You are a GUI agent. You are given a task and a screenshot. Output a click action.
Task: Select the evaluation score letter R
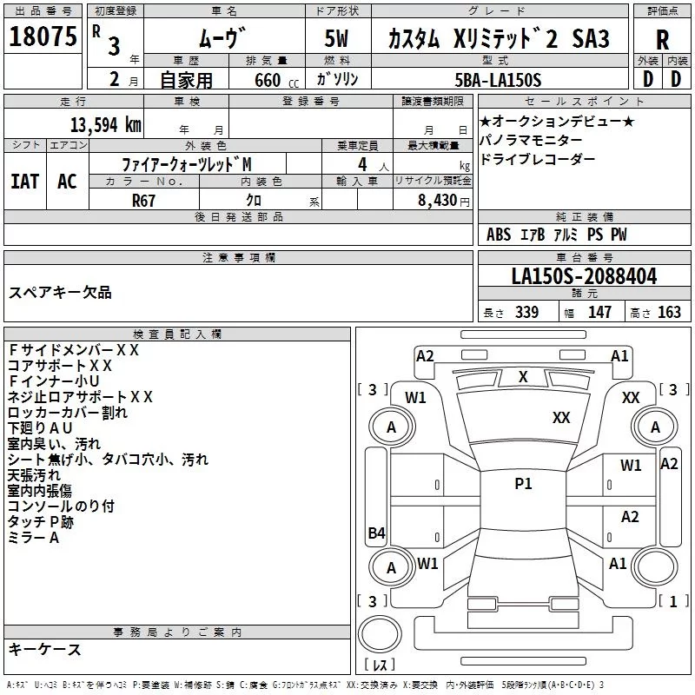662,39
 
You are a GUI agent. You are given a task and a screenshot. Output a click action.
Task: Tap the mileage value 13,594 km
104,124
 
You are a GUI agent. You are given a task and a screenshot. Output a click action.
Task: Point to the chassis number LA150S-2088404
583,276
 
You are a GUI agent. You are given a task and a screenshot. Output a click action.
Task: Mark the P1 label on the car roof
523,484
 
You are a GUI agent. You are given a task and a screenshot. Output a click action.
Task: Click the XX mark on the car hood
561,418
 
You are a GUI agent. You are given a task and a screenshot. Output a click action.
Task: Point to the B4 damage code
376,533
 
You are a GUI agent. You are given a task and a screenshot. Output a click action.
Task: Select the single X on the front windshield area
523,377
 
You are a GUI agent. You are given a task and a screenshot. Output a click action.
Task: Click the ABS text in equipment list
499,235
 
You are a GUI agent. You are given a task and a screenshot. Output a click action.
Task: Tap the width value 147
600,313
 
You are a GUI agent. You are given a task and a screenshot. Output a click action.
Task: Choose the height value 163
670,313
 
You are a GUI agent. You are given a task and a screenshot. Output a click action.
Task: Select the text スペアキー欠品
60,293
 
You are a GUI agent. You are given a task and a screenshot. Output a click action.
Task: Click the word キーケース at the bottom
44,650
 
